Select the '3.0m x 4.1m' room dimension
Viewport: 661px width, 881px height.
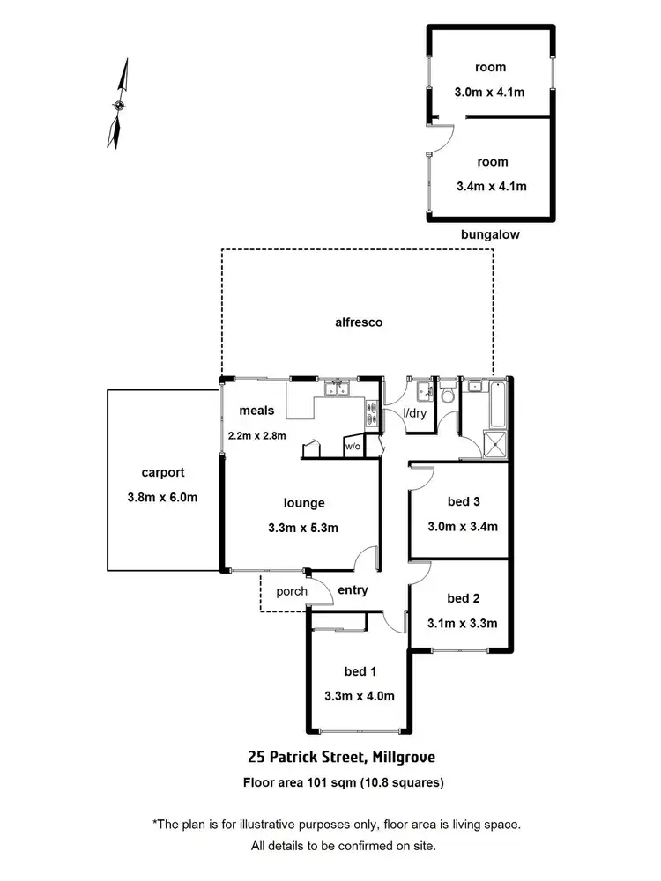pos(491,91)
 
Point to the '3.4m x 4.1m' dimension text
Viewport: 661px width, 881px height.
pos(491,186)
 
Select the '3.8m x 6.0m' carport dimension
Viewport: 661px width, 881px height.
pos(161,497)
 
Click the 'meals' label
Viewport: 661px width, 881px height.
pos(256,411)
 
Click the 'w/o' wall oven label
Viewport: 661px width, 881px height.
pos(353,446)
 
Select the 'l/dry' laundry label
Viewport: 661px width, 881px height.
pos(414,413)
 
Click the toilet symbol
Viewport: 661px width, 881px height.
pos(446,396)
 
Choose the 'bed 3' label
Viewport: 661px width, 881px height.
pos(463,502)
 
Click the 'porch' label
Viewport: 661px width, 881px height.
pos(292,591)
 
